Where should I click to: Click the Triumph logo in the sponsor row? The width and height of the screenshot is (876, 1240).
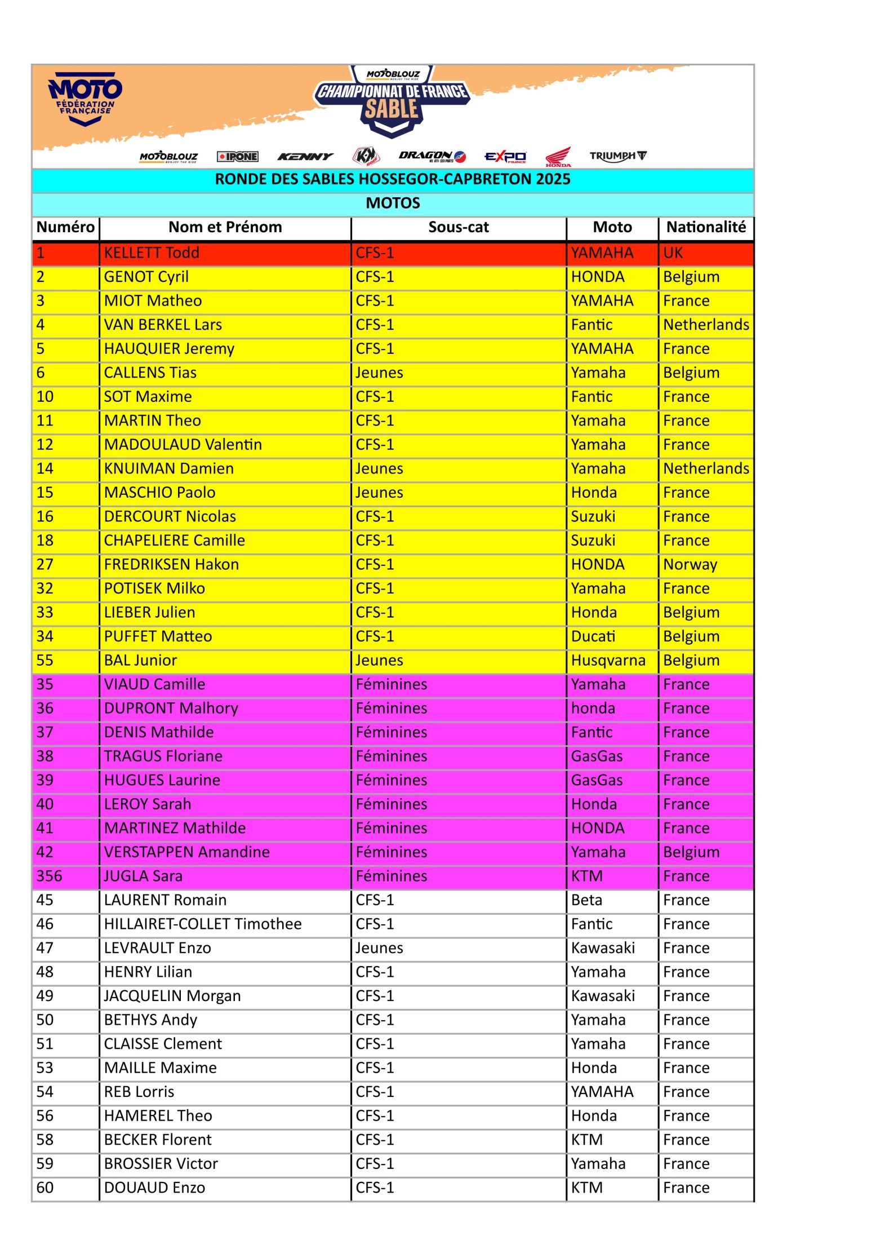618,156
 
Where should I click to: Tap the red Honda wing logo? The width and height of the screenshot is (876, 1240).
558,157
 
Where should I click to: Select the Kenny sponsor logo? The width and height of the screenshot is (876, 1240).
305,157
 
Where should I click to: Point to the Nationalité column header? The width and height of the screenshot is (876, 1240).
706,227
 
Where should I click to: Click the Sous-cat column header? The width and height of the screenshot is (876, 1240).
458,227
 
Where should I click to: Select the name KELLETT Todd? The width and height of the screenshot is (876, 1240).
152,253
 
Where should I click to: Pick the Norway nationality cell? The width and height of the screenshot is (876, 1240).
690,564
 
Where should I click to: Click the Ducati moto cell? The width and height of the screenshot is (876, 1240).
593,636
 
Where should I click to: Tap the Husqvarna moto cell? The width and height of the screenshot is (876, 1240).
608,660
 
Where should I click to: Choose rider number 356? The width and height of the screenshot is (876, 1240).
50,876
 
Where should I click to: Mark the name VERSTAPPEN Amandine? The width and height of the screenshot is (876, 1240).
186,852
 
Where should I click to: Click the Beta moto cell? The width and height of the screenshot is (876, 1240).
586,900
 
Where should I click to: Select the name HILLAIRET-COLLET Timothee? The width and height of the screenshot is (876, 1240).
203,924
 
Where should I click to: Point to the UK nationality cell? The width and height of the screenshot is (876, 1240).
673,253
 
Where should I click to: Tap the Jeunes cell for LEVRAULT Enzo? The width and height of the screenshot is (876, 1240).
379,948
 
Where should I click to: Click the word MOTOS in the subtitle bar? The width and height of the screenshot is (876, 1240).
393,203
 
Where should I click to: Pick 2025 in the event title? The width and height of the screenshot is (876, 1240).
551,179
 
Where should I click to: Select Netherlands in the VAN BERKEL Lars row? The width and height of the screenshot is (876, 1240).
706,325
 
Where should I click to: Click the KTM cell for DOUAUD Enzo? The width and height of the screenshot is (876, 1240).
586,1188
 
